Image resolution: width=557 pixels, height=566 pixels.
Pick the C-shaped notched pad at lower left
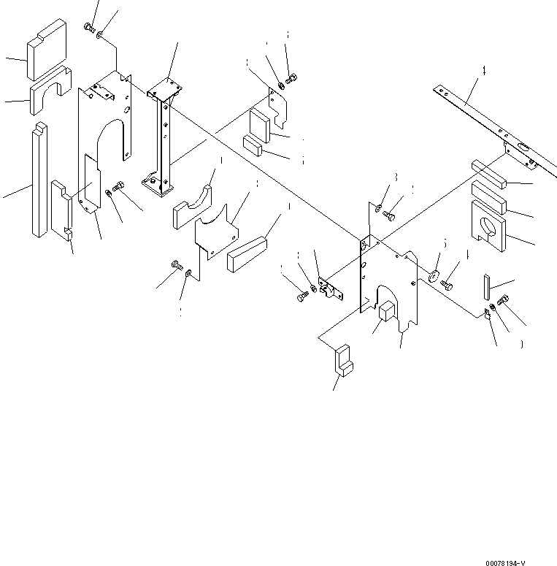click(x=63, y=208)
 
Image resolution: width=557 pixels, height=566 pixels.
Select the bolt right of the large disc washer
click(x=447, y=283)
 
